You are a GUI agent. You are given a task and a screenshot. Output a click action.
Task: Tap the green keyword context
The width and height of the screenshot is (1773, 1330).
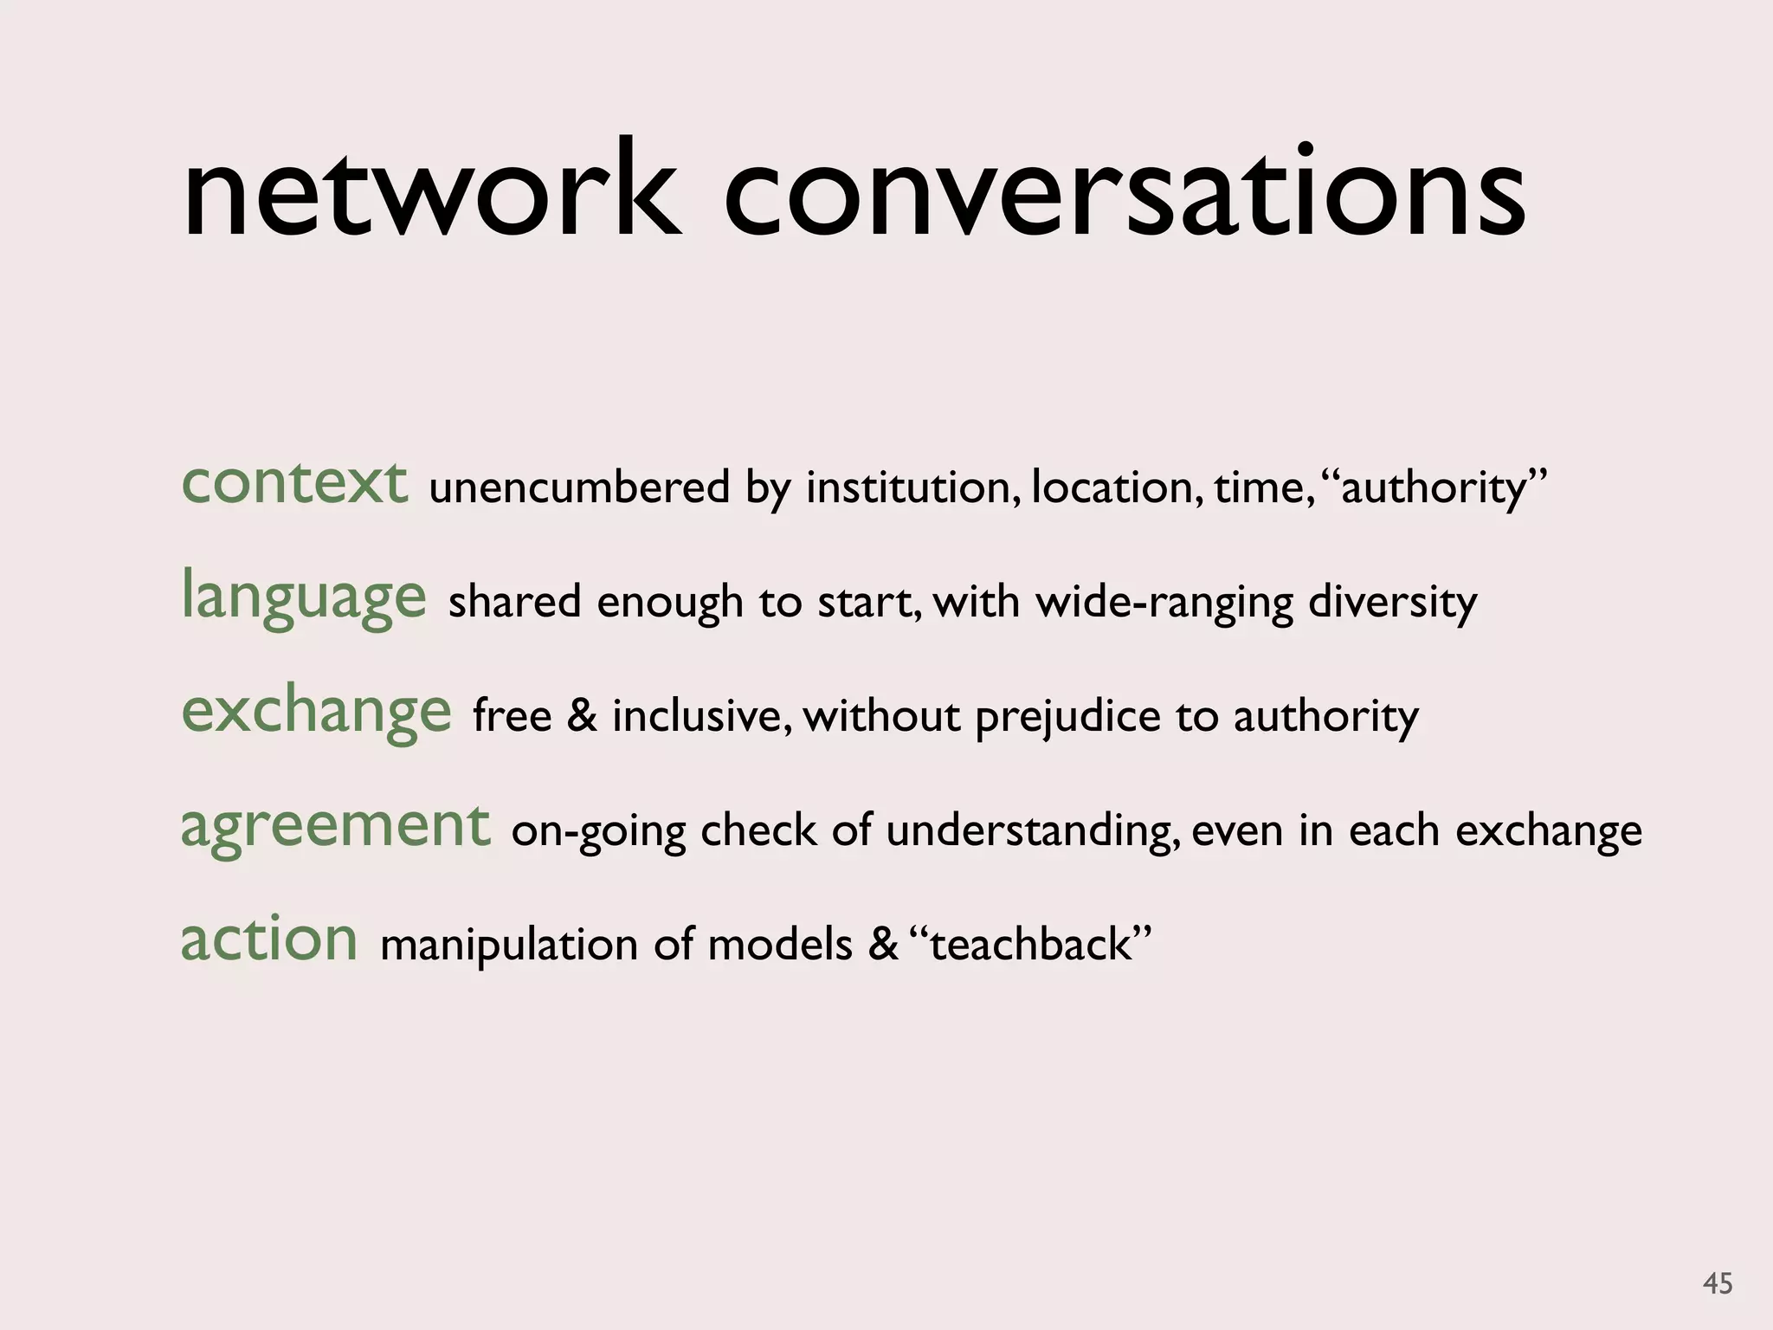[x=294, y=482]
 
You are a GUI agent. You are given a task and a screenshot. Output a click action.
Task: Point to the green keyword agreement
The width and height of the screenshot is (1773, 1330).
[x=335, y=826]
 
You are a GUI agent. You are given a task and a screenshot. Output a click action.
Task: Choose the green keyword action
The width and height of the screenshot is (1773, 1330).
[x=269, y=939]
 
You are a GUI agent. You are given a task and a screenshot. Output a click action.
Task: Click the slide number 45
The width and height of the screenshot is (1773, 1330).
[x=1717, y=1283]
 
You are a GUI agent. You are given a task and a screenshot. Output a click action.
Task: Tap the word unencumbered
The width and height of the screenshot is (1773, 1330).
[x=579, y=487]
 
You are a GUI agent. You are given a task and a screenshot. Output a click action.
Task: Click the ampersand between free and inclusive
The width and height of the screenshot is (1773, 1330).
[x=582, y=716]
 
